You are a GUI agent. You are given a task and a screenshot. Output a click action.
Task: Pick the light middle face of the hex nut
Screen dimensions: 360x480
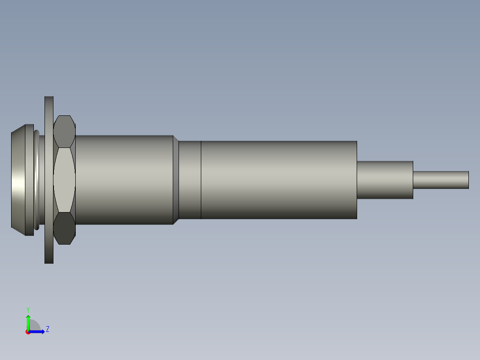point(64,180)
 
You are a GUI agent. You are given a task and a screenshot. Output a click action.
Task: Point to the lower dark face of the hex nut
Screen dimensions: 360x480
point(64,228)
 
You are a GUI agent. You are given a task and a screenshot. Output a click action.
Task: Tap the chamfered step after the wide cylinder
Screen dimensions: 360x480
point(176,180)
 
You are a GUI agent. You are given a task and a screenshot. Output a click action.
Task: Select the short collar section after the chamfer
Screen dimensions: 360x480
point(190,180)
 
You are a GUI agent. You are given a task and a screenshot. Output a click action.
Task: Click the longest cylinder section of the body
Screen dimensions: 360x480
point(279,180)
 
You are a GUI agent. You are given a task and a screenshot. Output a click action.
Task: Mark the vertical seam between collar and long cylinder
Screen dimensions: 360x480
point(201,180)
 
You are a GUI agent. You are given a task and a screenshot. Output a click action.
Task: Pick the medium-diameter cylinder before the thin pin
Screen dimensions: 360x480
point(385,180)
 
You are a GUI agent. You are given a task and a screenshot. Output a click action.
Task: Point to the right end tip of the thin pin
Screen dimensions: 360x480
point(468,180)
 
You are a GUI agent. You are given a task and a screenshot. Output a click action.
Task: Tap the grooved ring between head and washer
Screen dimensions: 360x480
point(37,180)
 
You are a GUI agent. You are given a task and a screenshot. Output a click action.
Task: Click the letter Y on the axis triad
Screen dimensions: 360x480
point(28,309)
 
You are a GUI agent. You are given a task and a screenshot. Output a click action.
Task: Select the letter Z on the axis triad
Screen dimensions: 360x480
point(48,329)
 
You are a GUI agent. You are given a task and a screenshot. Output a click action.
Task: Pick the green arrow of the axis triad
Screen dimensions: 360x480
point(28,322)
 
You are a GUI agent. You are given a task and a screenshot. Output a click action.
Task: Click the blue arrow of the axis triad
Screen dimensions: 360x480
point(37,331)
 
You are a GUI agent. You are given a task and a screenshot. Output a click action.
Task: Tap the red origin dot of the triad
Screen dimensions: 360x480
point(28,332)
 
